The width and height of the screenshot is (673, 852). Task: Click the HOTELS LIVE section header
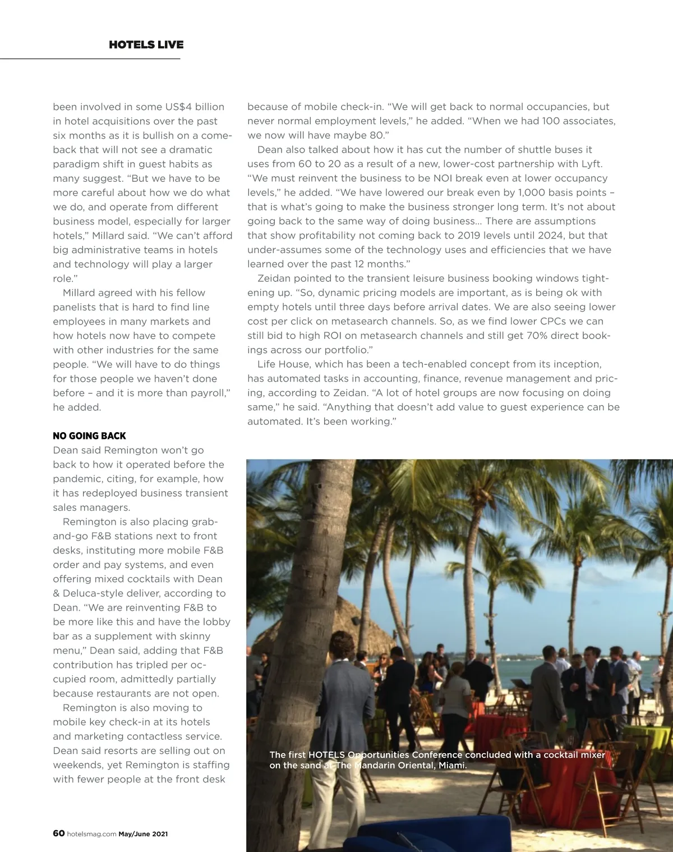146,45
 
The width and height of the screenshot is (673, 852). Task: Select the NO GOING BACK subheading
89,436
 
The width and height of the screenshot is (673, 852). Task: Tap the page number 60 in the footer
58,833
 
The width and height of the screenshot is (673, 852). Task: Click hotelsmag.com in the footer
91,834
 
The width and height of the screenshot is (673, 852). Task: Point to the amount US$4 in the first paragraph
178,107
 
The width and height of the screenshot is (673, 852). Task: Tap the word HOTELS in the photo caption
326,755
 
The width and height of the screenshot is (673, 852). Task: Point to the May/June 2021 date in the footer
143,834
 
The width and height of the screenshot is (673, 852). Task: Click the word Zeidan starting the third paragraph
274,278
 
